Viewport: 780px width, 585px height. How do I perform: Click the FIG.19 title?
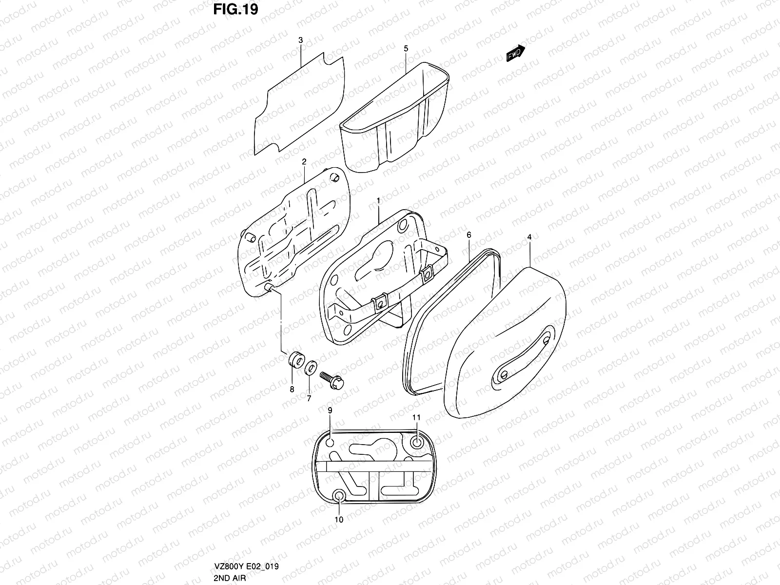235,10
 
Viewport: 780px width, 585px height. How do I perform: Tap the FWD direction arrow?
515,54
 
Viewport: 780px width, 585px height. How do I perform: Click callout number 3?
301,40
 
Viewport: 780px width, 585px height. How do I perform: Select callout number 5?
406,48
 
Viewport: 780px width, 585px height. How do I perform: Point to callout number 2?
304,161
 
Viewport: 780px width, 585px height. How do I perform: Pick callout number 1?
378,200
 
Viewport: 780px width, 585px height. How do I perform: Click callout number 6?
469,235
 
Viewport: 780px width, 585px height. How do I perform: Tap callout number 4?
529,237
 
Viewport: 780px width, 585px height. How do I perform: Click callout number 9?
330,411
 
